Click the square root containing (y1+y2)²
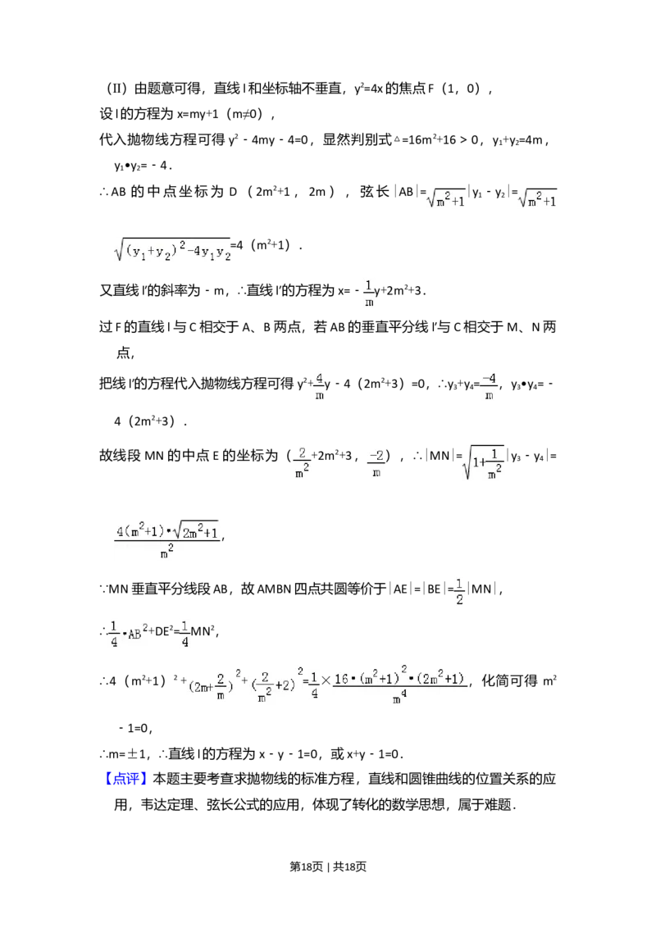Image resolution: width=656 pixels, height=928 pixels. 174,249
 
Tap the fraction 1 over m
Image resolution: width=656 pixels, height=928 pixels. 369,293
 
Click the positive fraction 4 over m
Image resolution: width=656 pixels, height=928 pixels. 319,386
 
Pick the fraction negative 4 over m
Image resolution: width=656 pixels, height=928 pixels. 489,386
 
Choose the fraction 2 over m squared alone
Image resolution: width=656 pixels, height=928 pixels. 302,462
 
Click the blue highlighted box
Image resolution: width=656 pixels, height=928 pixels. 127,777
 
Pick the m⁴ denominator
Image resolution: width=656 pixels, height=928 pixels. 399,698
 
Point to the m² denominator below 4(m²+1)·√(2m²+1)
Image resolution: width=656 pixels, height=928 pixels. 166,553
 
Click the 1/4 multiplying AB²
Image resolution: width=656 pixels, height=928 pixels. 116,633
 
